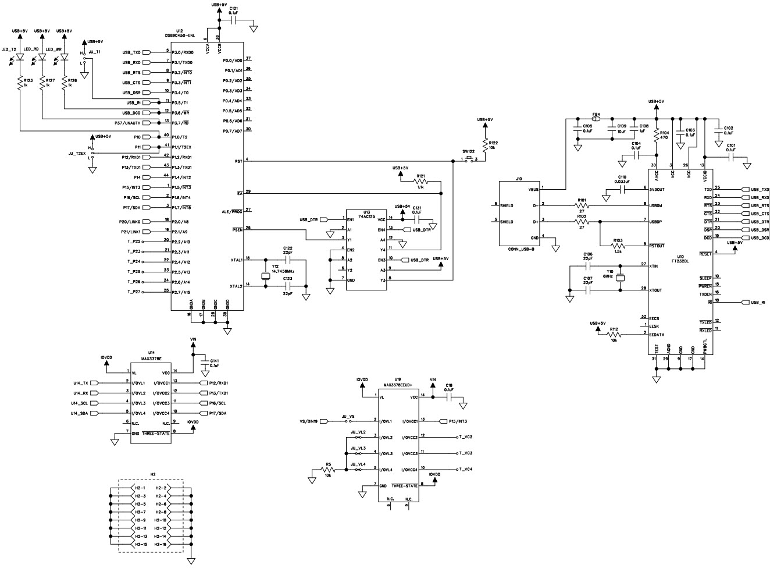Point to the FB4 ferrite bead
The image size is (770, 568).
tap(596, 120)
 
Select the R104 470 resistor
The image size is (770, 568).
tap(657, 134)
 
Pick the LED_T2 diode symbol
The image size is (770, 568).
tap(20, 58)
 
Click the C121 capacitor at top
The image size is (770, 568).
tap(234, 20)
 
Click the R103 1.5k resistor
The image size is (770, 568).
tap(618, 244)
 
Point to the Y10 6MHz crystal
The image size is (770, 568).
tap(620, 278)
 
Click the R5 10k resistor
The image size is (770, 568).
tap(328, 470)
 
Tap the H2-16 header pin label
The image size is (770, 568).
tap(161, 544)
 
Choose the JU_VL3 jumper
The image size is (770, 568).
tap(358, 453)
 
